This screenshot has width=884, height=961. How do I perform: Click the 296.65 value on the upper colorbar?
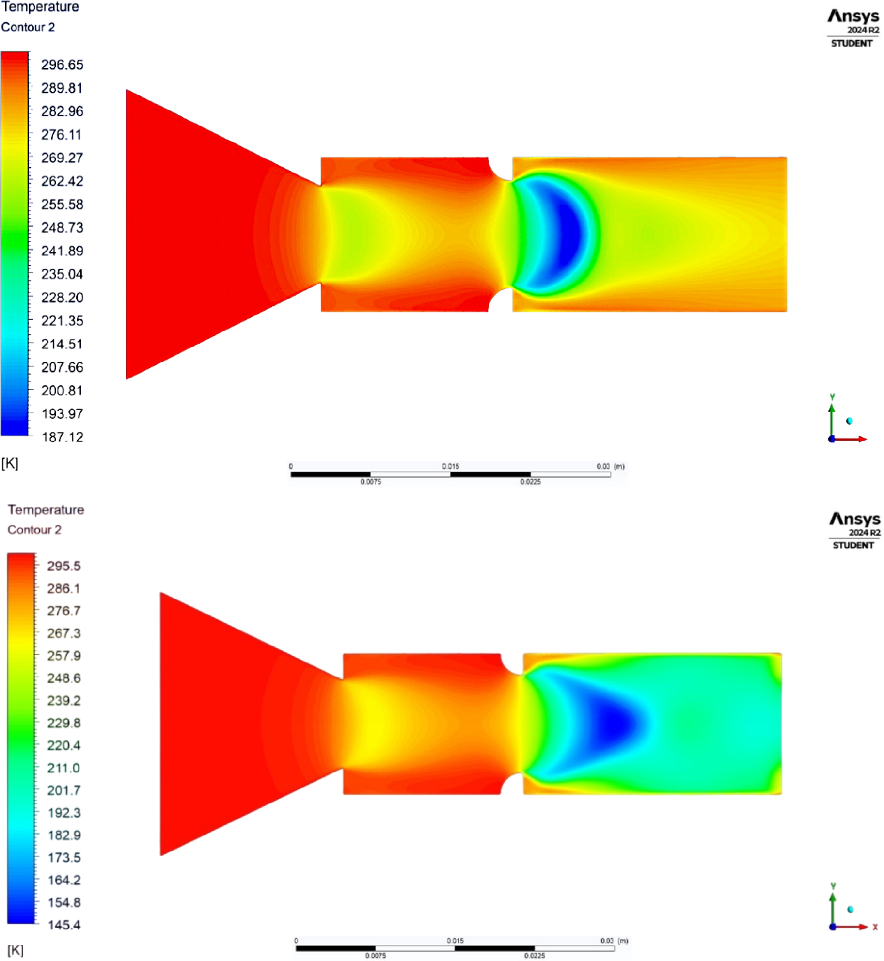[x=62, y=64]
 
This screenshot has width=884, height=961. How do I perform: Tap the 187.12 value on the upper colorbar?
[x=63, y=437]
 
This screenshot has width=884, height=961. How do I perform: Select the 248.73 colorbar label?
[x=62, y=227]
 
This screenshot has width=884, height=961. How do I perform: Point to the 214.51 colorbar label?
[x=62, y=344]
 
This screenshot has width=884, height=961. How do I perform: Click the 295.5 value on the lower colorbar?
[x=64, y=566]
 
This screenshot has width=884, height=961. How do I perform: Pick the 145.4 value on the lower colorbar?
[x=64, y=925]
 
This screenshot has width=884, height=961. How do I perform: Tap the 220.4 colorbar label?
[x=64, y=745]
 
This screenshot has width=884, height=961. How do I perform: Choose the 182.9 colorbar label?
[x=64, y=835]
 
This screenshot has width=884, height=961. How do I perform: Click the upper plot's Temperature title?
[x=40, y=7]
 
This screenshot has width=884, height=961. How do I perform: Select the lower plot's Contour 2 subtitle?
[x=34, y=530]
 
